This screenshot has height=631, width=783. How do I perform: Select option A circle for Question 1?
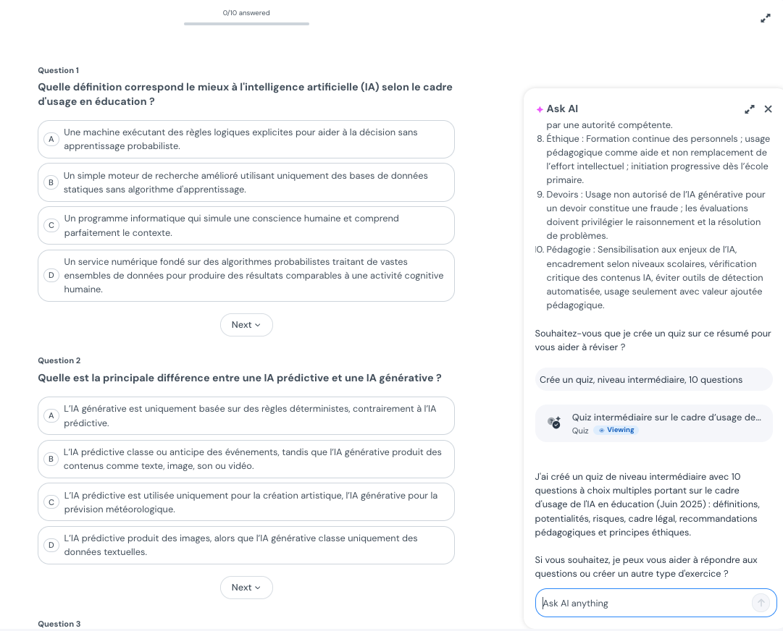click(x=51, y=139)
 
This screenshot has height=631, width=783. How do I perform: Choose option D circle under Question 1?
click(x=51, y=275)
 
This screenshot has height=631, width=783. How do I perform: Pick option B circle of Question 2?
click(x=51, y=459)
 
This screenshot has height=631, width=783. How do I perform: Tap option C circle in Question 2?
click(x=51, y=501)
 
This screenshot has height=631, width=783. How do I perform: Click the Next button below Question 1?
click(x=246, y=325)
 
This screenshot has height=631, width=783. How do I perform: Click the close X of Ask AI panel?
click(x=768, y=109)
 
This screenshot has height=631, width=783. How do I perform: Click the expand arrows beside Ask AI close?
click(x=750, y=109)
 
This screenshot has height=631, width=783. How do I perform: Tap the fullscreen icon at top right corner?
click(x=766, y=18)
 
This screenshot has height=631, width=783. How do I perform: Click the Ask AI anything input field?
click(x=645, y=603)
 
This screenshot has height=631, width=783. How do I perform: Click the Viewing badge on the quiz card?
click(x=616, y=430)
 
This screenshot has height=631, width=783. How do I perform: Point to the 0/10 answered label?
click(x=246, y=13)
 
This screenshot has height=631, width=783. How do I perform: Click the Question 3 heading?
click(x=59, y=624)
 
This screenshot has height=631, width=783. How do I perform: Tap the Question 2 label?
click(x=59, y=360)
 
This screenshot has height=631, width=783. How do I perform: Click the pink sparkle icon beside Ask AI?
click(x=540, y=109)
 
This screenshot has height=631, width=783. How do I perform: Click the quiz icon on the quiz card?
click(x=554, y=423)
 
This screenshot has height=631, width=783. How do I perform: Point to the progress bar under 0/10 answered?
click(x=246, y=24)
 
